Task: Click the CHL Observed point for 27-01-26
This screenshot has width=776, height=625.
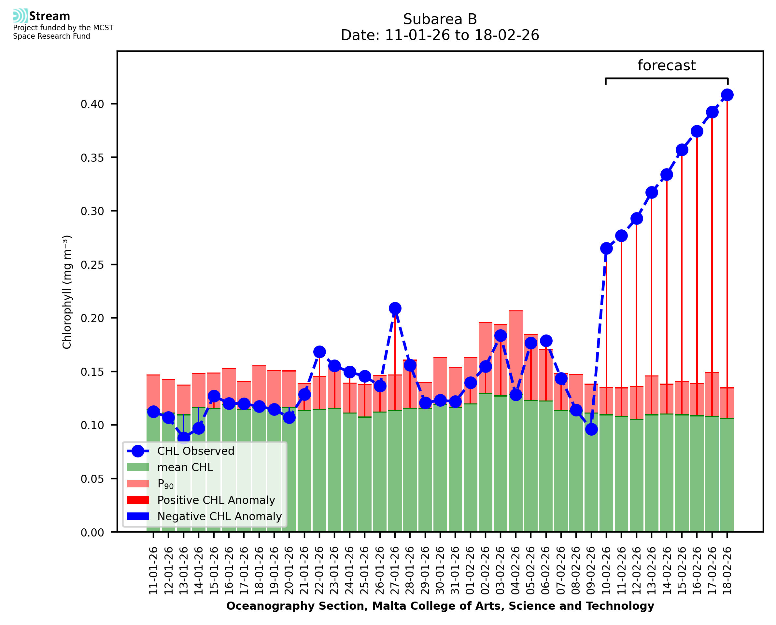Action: point(395,308)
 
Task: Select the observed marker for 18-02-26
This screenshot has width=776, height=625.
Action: point(727,95)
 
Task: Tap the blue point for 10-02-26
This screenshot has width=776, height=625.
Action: point(606,249)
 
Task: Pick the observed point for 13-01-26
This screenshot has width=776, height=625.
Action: point(184,438)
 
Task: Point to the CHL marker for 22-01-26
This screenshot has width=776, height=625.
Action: point(319,352)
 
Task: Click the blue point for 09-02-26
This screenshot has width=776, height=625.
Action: point(591,429)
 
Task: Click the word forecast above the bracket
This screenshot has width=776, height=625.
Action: point(667,65)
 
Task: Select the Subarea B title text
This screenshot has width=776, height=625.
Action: point(440,19)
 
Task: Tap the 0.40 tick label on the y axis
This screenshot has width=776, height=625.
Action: point(92,104)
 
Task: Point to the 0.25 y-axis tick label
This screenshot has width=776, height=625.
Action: point(92,265)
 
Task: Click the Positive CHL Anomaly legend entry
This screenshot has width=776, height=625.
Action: point(216,500)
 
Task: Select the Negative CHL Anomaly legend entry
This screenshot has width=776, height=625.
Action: point(219,516)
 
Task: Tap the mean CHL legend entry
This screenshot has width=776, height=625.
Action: point(185,467)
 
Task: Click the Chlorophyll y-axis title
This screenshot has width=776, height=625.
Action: point(67,292)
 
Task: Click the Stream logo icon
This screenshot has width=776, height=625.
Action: point(20,16)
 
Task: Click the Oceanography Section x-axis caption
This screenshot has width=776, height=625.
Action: point(440,606)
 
